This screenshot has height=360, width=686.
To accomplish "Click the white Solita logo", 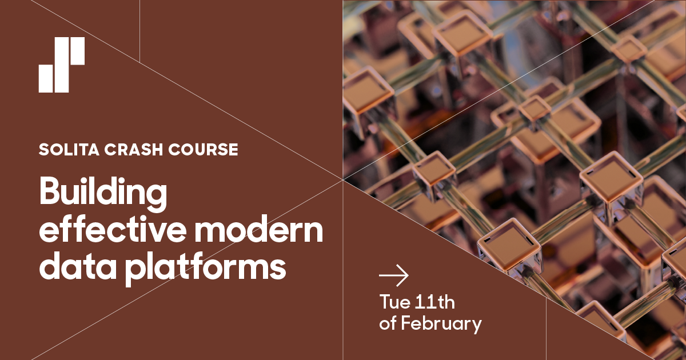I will [x=62, y=65].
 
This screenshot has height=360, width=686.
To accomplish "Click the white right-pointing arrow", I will [x=394, y=276].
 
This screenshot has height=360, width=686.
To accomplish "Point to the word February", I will [x=441, y=324].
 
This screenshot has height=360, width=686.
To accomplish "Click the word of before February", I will [x=388, y=323].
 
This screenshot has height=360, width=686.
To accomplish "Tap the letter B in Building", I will [x=49, y=193].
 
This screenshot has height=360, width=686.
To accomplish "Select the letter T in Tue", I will [x=385, y=301].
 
